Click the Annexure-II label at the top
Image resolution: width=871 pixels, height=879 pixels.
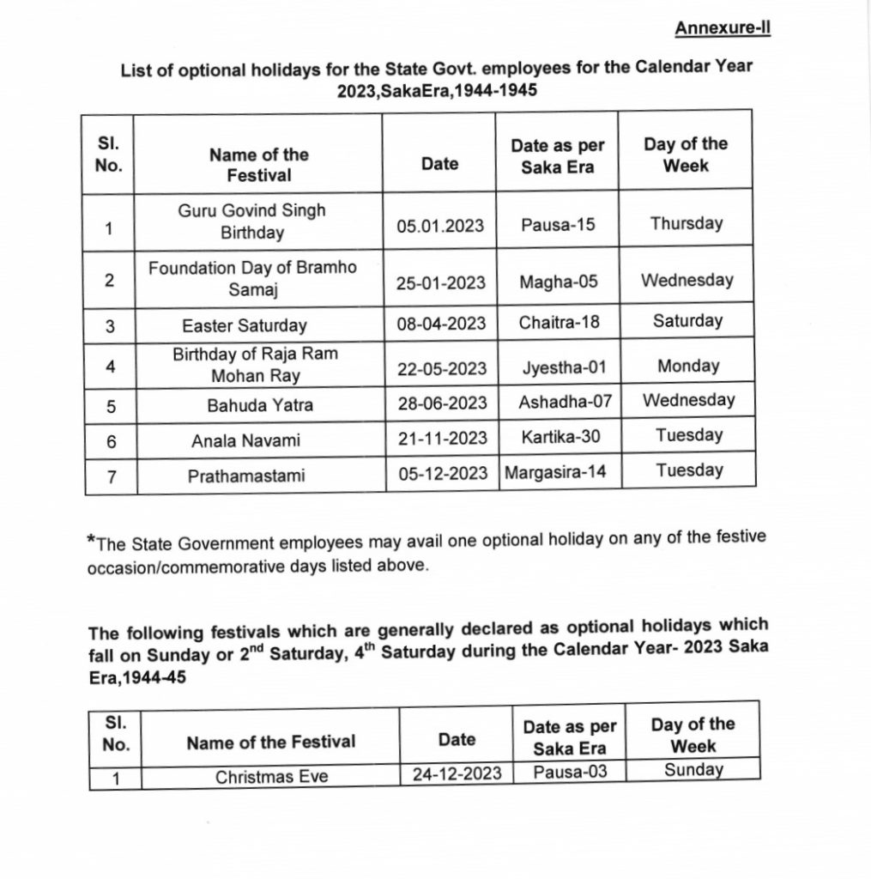coord(722,29)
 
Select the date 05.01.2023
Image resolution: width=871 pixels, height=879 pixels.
coord(439,227)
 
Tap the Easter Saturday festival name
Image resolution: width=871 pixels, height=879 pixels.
coord(244,326)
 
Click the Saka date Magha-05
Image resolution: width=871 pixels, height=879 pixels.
coord(559,282)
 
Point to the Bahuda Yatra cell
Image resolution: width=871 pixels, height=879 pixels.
coord(248,404)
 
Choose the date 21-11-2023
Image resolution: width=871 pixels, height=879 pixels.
coord(441,439)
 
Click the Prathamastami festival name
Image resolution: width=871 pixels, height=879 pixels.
coord(246,475)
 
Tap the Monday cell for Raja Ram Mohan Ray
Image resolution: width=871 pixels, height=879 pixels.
coord(688,367)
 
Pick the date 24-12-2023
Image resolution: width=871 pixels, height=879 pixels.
coord(456,773)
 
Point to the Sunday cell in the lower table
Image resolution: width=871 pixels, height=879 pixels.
coord(693,770)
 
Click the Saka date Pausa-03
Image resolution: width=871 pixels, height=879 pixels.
coord(570,772)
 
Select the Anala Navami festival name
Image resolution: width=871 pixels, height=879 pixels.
coord(245,441)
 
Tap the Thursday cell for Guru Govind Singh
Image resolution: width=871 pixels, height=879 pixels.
coord(687,224)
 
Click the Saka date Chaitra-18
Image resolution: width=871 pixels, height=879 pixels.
coord(559,323)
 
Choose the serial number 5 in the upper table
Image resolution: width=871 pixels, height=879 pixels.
coord(111,407)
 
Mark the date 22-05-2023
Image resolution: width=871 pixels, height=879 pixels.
coord(441,369)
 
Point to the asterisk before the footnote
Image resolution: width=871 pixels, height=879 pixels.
coord(92,541)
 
